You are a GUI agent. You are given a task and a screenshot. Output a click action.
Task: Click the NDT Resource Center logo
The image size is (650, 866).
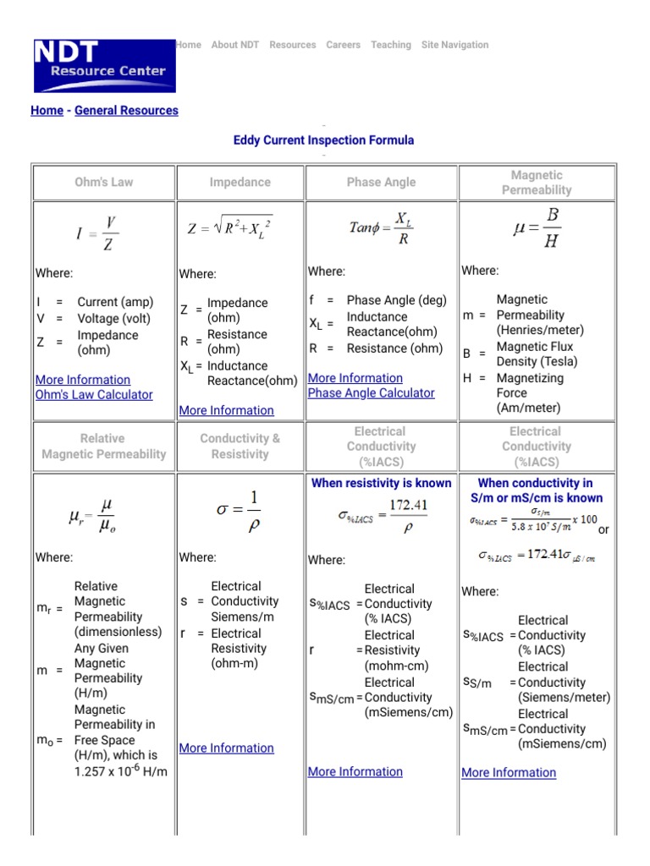tap(104, 64)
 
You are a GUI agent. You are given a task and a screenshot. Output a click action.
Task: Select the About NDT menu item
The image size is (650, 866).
tap(235, 45)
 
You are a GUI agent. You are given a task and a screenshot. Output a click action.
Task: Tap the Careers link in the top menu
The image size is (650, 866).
tap(343, 45)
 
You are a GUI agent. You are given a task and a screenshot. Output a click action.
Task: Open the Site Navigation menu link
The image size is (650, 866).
tap(454, 45)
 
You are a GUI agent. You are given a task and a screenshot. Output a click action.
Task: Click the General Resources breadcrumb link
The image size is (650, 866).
tap(126, 111)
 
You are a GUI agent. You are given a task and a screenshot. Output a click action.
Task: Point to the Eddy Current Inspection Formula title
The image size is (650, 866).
tap(323, 140)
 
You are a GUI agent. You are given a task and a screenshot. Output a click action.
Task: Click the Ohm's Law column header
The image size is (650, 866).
tap(104, 182)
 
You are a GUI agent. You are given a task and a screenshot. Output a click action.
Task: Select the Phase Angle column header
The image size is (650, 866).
tap(381, 182)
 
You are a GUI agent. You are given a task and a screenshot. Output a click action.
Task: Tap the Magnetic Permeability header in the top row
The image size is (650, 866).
tap(537, 183)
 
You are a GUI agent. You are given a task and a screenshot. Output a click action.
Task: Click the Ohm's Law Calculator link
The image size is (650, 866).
tap(94, 395)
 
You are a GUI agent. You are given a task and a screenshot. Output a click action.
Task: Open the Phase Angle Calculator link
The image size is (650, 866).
tap(371, 393)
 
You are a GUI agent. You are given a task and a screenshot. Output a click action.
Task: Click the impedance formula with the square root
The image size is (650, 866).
tap(229, 228)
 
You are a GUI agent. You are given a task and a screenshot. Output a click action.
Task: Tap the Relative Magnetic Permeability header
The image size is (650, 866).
tap(104, 447)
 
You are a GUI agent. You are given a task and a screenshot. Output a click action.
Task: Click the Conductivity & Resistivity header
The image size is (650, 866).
tap(240, 447)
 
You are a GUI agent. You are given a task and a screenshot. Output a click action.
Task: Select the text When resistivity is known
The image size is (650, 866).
tap(381, 484)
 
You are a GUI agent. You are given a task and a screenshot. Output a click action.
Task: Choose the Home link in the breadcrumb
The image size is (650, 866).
tap(47, 111)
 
